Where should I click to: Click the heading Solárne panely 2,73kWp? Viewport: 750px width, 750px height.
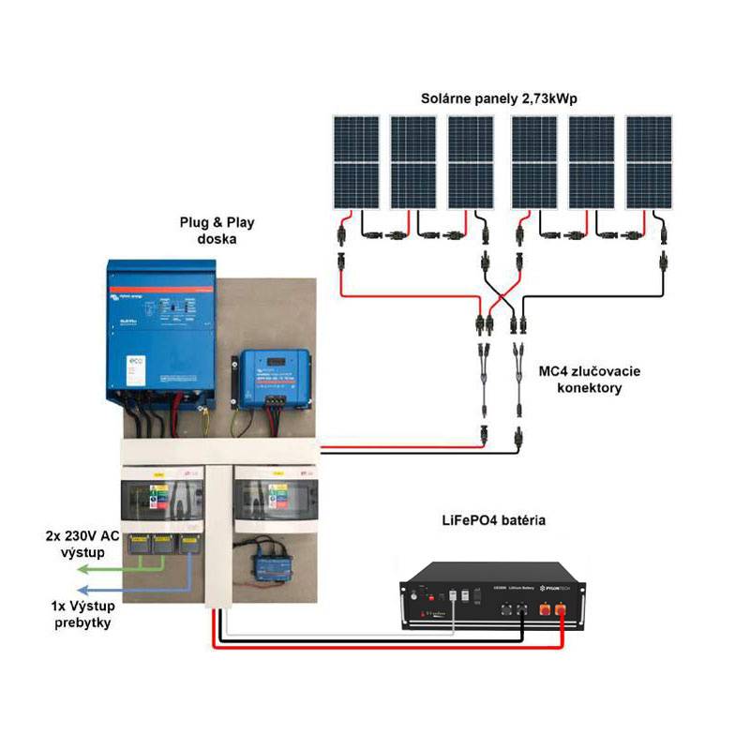point(501,98)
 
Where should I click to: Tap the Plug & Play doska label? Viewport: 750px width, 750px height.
point(217,231)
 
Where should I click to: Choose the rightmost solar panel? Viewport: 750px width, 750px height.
point(650,162)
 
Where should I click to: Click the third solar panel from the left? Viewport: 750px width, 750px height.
point(472,162)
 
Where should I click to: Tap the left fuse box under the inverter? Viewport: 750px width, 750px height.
point(163,505)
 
